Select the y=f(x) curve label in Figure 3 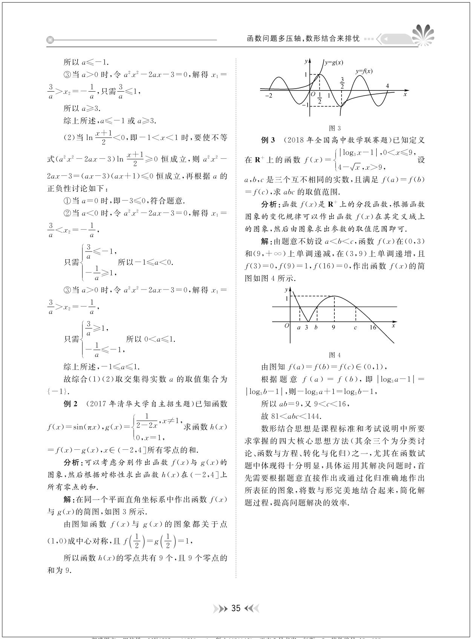pyautogui.click(x=364, y=71)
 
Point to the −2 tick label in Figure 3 pyautogui.click(x=268, y=97)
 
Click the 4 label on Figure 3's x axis pyautogui.click(x=387, y=86)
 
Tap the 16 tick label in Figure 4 pyautogui.click(x=372, y=327)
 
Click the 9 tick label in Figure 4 pyautogui.click(x=333, y=327)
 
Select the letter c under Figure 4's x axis pyautogui.click(x=355, y=328)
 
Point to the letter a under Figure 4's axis pyautogui.click(x=299, y=328)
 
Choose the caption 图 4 pyautogui.click(x=334, y=355)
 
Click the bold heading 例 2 pyautogui.click(x=70, y=404)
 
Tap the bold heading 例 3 pyautogui.click(x=268, y=140)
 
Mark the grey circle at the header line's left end pyautogui.click(x=50, y=40)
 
